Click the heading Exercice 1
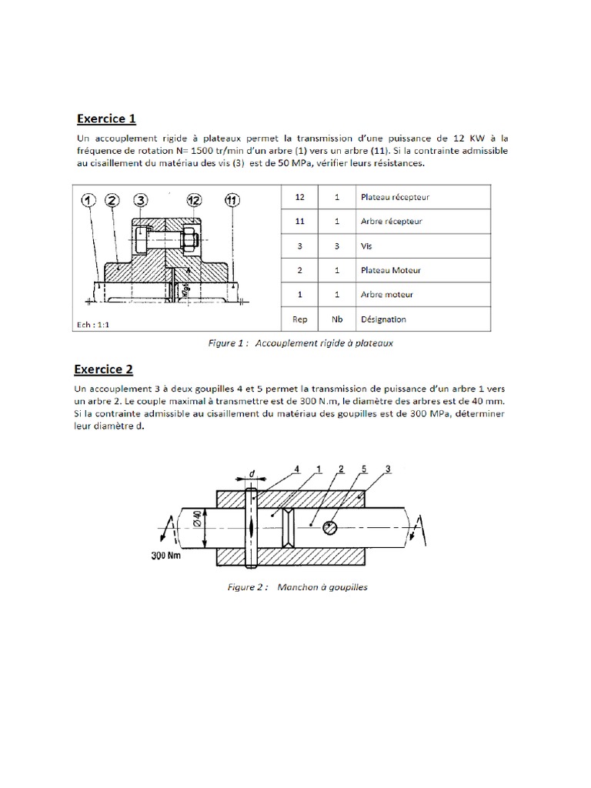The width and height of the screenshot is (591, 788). (x=106, y=119)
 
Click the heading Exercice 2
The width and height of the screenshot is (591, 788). (x=106, y=368)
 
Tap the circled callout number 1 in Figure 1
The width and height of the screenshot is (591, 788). (x=89, y=201)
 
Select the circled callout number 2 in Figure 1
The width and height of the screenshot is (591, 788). (x=114, y=201)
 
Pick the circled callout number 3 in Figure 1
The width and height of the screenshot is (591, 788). (x=140, y=201)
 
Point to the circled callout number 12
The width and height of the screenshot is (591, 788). (x=194, y=201)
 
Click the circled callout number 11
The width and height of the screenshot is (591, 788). (x=231, y=201)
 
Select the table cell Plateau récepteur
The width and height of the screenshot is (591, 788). (x=395, y=197)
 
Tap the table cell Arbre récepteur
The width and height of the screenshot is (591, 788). (x=391, y=222)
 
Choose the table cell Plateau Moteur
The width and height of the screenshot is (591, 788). (x=391, y=270)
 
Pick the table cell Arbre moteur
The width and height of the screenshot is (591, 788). (x=386, y=295)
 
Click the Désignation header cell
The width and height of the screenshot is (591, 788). (x=383, y=319)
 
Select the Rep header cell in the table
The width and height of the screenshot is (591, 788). (x=301, y=319)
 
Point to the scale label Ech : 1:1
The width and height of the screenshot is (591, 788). (x=92, y=324)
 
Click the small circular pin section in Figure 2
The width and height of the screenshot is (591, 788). (x=329, y=527)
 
